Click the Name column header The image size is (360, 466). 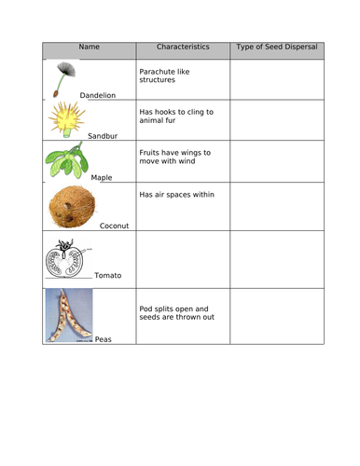(x=89, y=47)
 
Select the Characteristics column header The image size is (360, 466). (x=182, y=47)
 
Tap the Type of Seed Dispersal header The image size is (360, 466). (x=276, y=47)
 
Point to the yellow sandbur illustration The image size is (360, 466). (x=67, y=118)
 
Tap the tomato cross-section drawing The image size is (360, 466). (x=68, y=258)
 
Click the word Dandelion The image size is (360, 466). (x=98, y=95)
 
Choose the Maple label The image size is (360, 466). (x=102, y=177)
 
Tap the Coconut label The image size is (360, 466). (x=114, y=226)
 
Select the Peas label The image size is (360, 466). (x=103, y=339)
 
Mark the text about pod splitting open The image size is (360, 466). (x=177, y=313)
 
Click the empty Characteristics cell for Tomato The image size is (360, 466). (x=183, y=258)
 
